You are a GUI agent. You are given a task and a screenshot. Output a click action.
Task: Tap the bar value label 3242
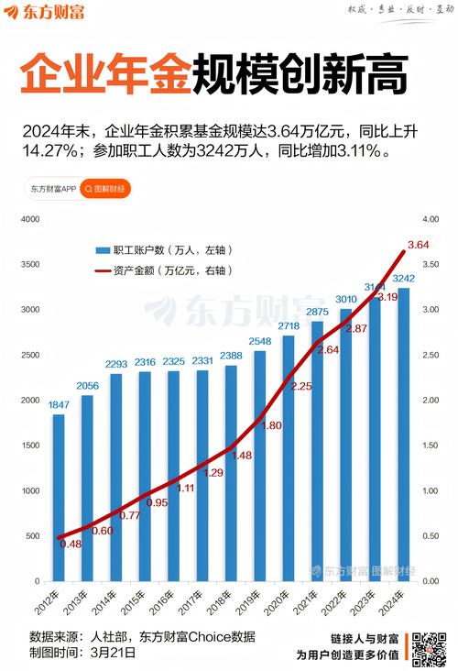coord(404,278)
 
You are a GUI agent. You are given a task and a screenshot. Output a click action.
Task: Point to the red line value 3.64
coord(418,245)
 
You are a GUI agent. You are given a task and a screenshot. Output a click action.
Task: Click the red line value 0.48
coord(71,544)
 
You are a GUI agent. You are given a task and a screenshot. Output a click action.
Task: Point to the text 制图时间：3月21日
coord(82,654)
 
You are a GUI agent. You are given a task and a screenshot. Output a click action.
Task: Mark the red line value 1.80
coord(272,425)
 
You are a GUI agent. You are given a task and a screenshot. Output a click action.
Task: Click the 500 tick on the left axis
coord(32,536)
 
